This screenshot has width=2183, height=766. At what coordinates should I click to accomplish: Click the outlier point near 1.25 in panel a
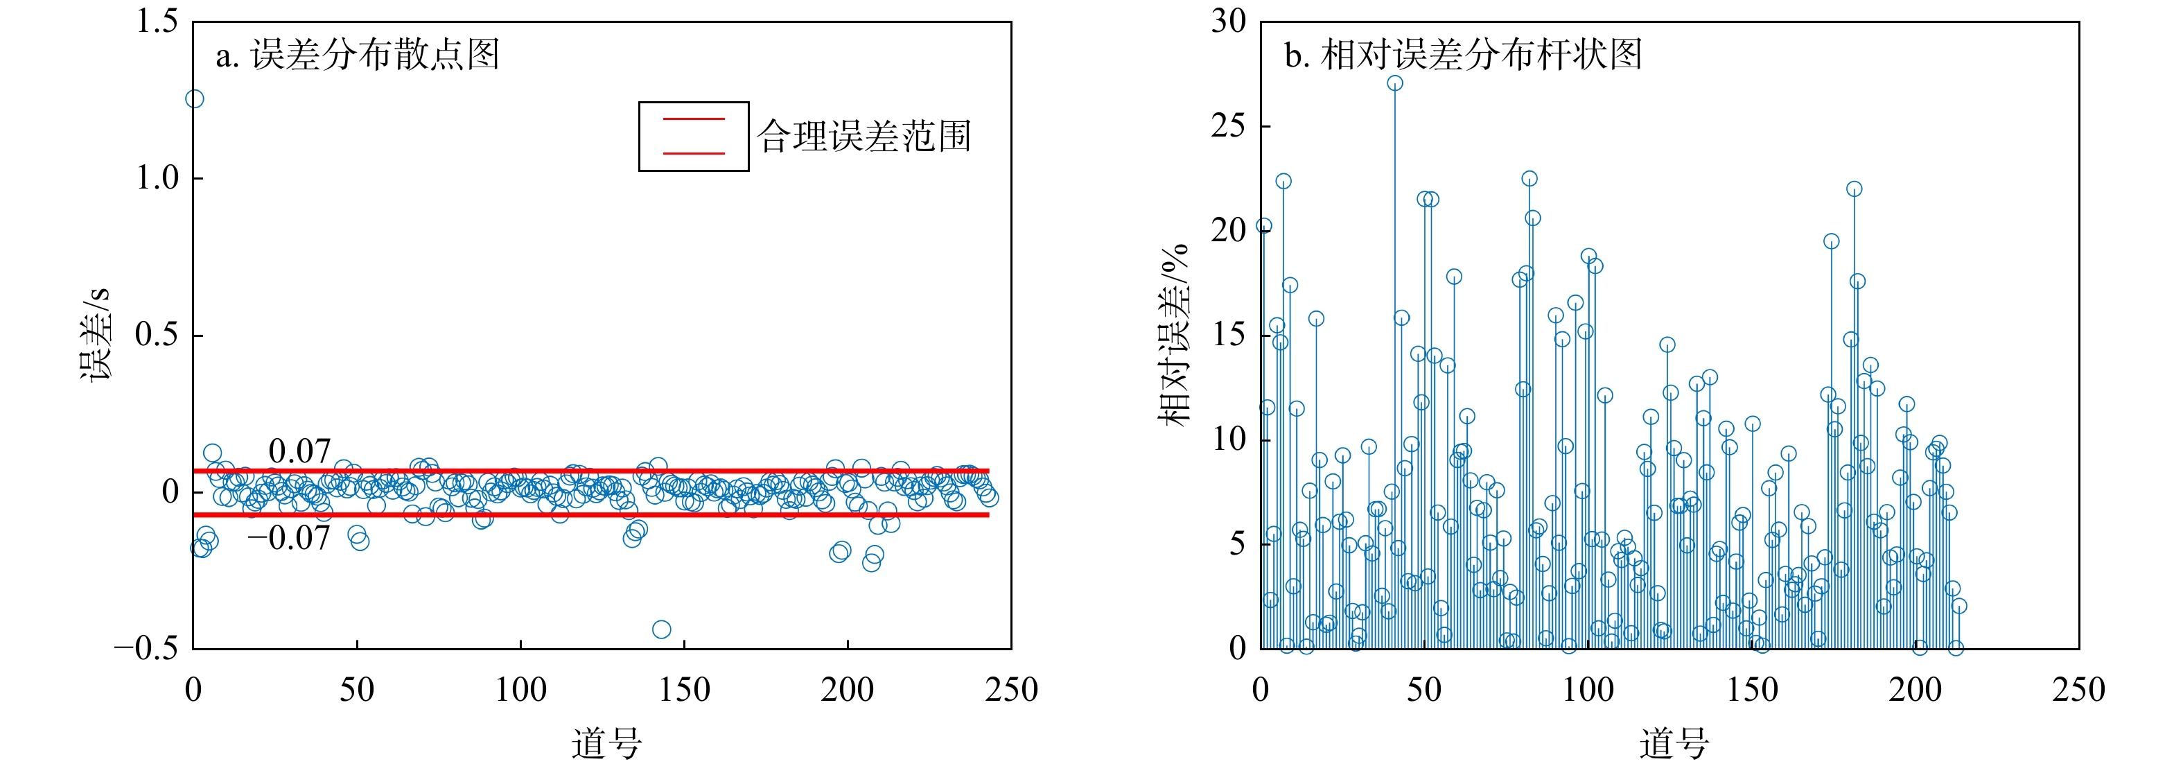click(x=195, y=99)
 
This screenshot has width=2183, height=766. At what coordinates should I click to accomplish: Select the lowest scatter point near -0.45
click(x=662, y=629)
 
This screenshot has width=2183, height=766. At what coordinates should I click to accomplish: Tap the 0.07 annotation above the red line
click(x=299, y=451)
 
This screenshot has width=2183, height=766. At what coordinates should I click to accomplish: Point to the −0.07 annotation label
click(x=288, y=538)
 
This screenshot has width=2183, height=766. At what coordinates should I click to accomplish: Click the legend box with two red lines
click(x=693, y=137)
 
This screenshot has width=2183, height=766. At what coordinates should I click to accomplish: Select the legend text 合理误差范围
click(x=863, y=137)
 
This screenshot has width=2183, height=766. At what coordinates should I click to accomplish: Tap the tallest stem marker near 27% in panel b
click(x=1395, y=83)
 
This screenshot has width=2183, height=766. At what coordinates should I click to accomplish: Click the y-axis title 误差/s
click(x=95, y=335)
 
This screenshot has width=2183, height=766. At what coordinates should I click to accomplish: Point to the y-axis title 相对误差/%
click(x=1175, y=335)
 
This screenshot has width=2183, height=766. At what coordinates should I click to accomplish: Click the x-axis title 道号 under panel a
click(x=606, y=743)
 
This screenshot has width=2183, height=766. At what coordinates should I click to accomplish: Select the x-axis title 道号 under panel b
click(x=1674, y=743)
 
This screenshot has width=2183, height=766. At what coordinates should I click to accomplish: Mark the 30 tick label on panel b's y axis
click(x=1228, y=21)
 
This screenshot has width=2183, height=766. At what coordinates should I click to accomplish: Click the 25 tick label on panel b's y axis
click(x=1228, y=126)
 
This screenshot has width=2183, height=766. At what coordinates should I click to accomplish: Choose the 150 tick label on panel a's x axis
click(x=684, y=690)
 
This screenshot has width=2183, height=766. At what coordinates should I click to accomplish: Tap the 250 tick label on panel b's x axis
click(x=2078, y=690)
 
